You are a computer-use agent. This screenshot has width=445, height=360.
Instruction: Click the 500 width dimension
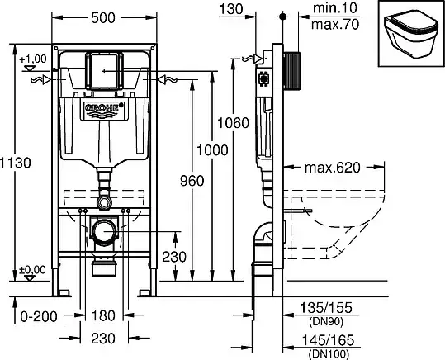103,18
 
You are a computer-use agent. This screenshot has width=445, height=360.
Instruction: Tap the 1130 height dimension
16,163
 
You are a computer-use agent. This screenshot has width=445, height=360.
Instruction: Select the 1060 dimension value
233,123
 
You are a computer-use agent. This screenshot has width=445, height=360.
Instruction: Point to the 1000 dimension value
212,150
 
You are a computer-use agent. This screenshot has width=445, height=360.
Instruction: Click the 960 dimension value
192,181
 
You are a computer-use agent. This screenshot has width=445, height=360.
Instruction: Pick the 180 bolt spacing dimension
103,315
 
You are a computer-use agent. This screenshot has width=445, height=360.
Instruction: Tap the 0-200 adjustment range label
39,316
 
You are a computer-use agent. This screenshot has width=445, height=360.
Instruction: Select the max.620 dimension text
333,168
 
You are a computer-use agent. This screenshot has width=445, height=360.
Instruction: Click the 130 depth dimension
231,9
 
